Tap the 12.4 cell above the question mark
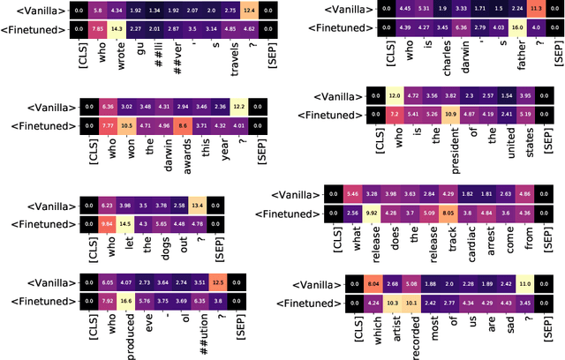point(250,10)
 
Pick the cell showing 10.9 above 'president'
point(448,113)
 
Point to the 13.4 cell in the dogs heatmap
point(198,206)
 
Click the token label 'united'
point(505,143)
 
